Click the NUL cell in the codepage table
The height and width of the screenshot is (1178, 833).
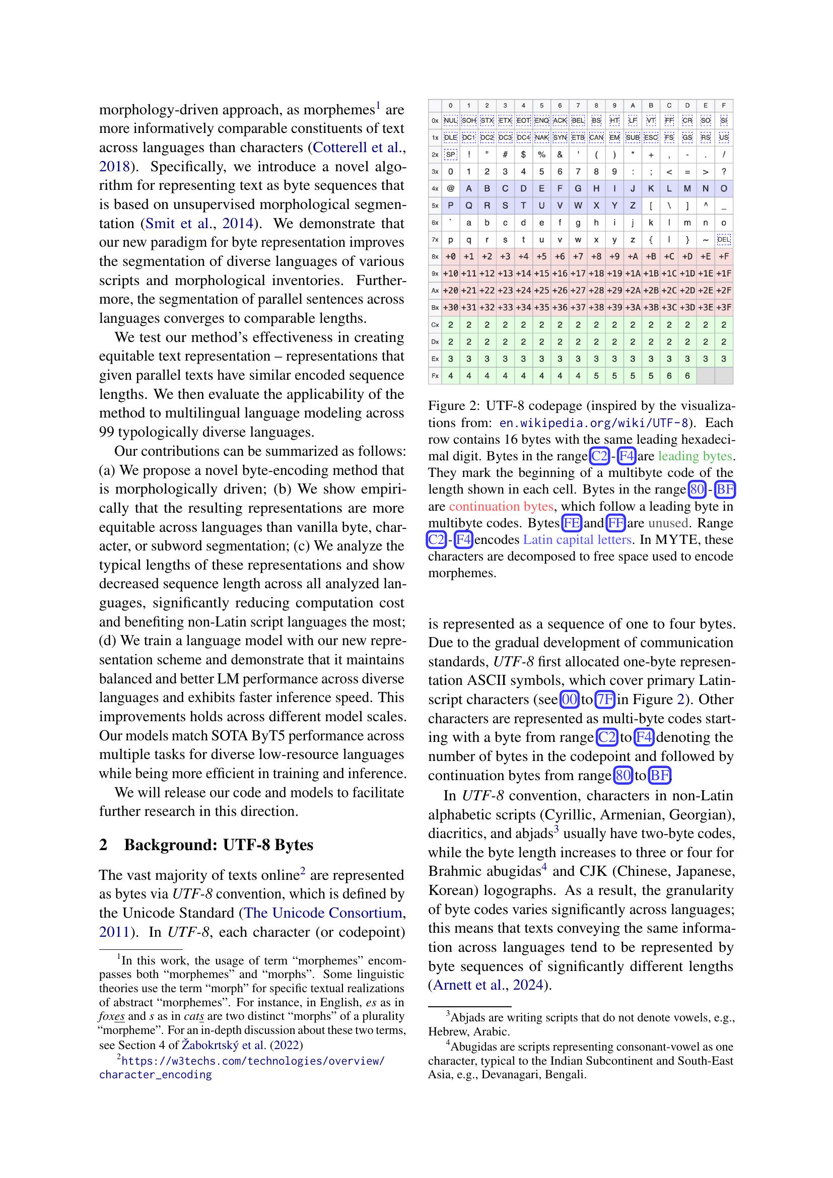click(x=450, y=120)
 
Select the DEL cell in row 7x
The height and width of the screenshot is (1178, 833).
click(x=723, y=240)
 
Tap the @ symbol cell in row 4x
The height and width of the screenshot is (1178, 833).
click(x=450, y=188)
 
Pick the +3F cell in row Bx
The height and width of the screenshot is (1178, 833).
click(x=723, y=308)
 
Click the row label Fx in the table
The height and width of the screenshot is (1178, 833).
click(x=435, y=376)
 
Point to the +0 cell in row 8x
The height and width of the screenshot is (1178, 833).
click(x=450, y=256)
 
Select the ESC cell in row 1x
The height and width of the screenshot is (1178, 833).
click(x=650, y=137)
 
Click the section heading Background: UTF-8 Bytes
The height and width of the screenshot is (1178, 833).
click(x=218, y=845)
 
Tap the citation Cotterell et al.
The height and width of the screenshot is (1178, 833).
click(x=356, y=148)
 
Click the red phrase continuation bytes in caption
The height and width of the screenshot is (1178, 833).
click(x=501, y=506)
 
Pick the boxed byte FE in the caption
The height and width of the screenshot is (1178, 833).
click(x=572, y=523)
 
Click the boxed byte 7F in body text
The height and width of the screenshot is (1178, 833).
click(x=605, y=700)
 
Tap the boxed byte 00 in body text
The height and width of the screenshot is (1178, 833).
click(x=569, y=700)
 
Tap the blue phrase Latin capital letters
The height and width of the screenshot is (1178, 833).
click(x=578, y=540)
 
